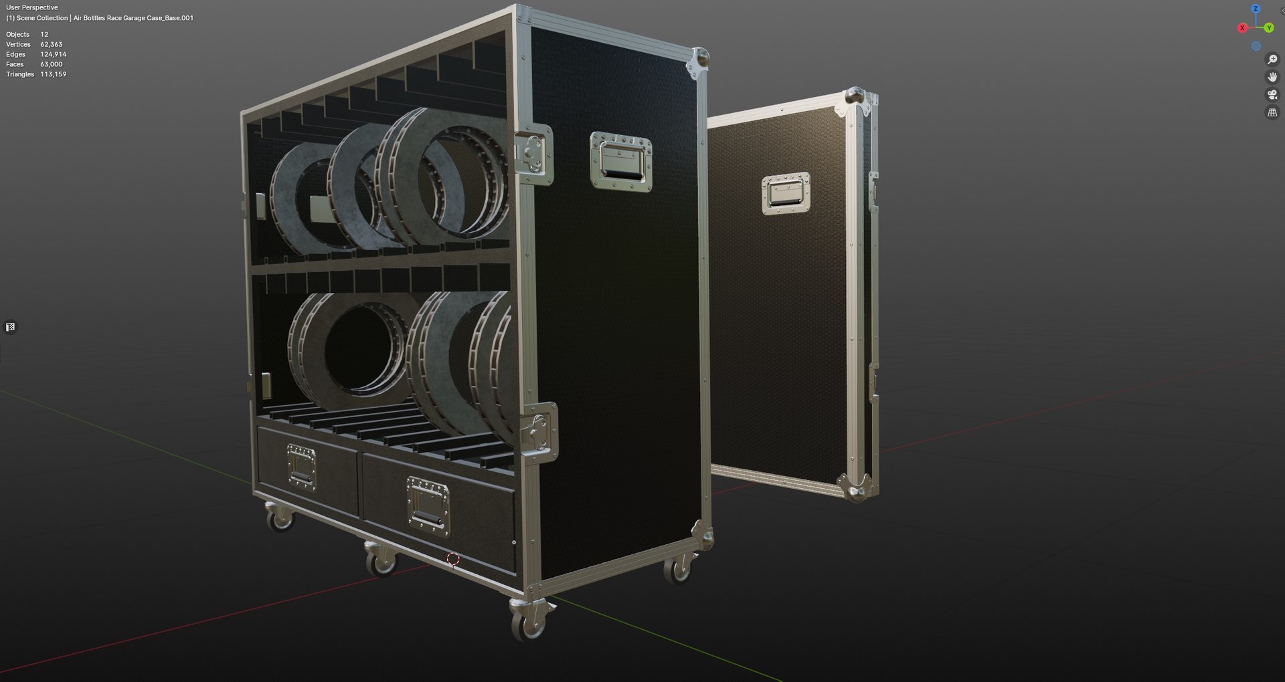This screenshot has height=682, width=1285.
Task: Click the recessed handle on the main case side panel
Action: click(620, 161)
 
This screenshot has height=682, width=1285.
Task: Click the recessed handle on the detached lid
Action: click(786, 193)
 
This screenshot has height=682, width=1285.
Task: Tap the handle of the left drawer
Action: click(301, 467)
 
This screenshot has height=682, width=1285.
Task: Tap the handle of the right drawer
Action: click(428, 505)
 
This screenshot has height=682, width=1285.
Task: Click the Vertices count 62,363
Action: click(51, 44)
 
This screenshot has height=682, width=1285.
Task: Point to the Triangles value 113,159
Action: click(53, 74)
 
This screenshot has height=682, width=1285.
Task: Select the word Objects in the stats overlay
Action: click(18, 34)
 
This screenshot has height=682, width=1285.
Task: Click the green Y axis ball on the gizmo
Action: click(1268, 28)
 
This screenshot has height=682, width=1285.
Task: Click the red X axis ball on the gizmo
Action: click(1243, 28)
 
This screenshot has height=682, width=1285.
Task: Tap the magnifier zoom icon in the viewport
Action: click(1272, 60)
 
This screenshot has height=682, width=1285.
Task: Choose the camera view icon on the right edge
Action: click(1272, 95)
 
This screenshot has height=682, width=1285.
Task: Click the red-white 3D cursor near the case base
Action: click(453, 558)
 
